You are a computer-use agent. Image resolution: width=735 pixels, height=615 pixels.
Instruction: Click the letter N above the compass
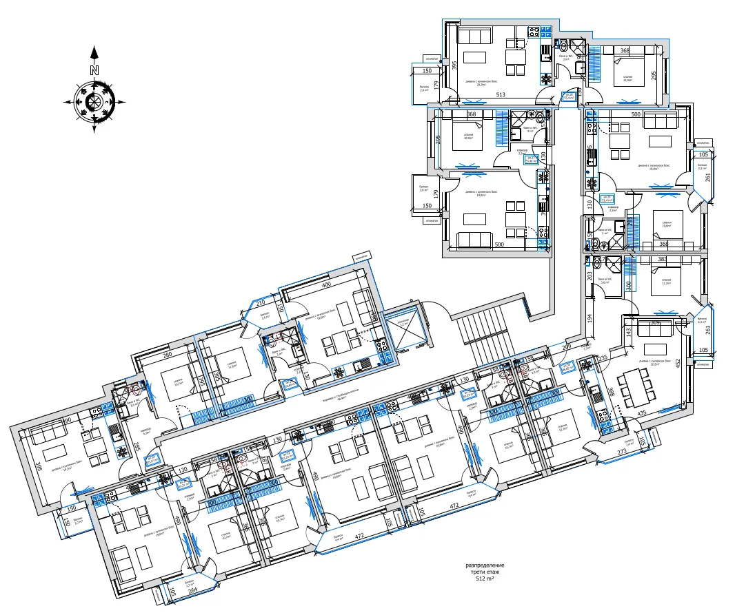click(94, 70)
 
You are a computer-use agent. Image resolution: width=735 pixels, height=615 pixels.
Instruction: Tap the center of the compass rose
click(94, 102)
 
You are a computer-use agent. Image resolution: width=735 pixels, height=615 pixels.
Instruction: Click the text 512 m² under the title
click(485, 580)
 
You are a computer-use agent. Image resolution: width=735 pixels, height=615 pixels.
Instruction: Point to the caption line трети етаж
click(485, 572)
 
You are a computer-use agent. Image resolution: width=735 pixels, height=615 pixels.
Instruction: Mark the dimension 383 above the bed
click(662, 260)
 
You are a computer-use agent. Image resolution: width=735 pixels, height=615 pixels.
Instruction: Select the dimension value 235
click(602, 359)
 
